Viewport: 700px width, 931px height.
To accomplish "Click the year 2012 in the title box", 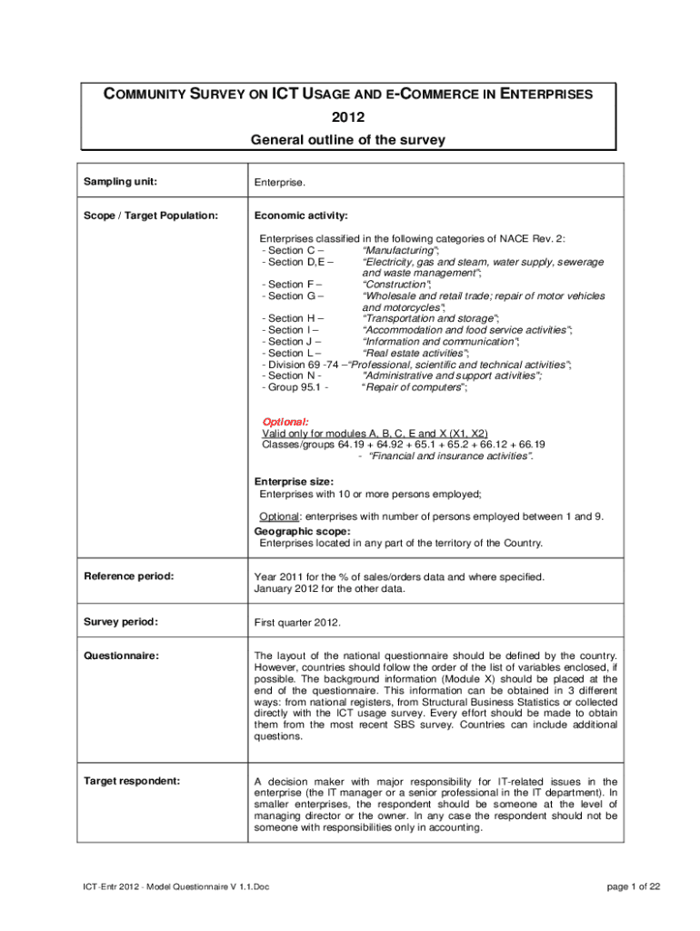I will (349, 117).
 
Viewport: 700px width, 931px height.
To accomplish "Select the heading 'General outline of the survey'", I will (349, 140).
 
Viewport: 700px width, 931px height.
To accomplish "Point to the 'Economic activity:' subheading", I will (301, 215).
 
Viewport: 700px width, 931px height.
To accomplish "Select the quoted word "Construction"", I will (396, 284).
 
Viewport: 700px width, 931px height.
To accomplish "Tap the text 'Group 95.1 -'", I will (295, 387).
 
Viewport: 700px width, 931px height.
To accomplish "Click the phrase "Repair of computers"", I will (415, 387).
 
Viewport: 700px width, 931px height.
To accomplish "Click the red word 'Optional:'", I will (285, 422).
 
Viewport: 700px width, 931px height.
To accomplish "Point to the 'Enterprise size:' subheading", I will (294, 481).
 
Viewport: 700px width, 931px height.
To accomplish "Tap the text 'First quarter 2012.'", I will (297, 623).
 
